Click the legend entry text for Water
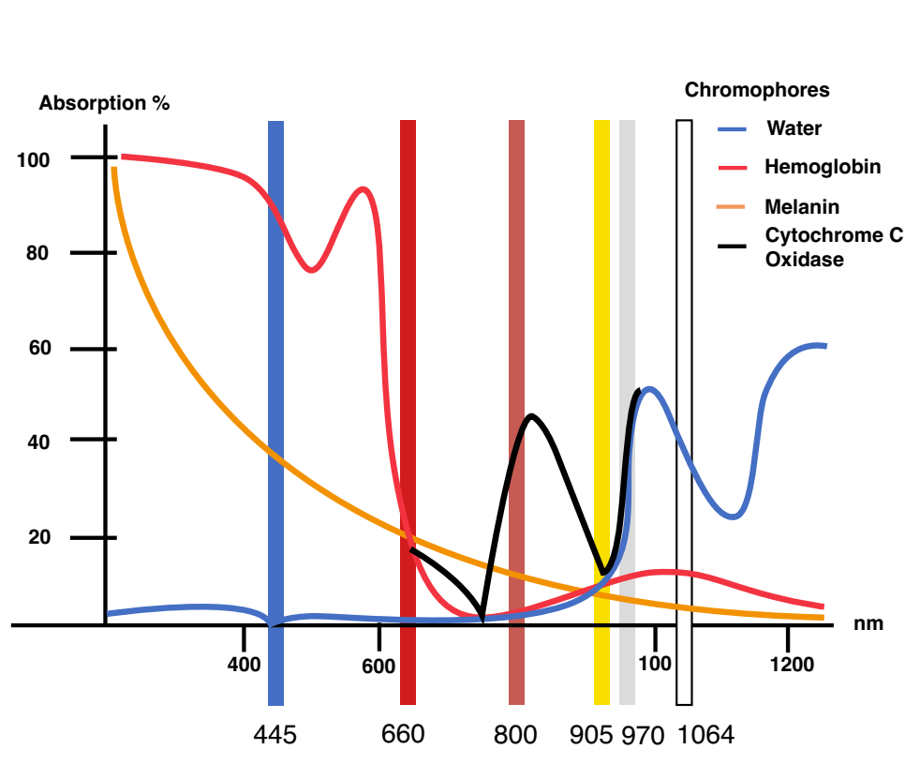(794, 128)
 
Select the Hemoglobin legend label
(823, 167)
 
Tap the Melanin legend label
(801, 206)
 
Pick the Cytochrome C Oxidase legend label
(834, 247)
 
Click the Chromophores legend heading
(757, 90)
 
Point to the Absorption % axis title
(104, 103)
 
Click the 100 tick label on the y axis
(33, 160)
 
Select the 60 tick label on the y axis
(40, 348)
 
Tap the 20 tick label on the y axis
(39, 537)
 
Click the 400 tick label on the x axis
(245, 665)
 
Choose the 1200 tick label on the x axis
(792, 665)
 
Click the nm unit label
(868, 623)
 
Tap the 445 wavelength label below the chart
(275, 735)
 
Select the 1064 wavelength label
(705, 735)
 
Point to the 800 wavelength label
(515, 735)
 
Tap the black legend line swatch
(733, 246)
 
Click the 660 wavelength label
(403, 734)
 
